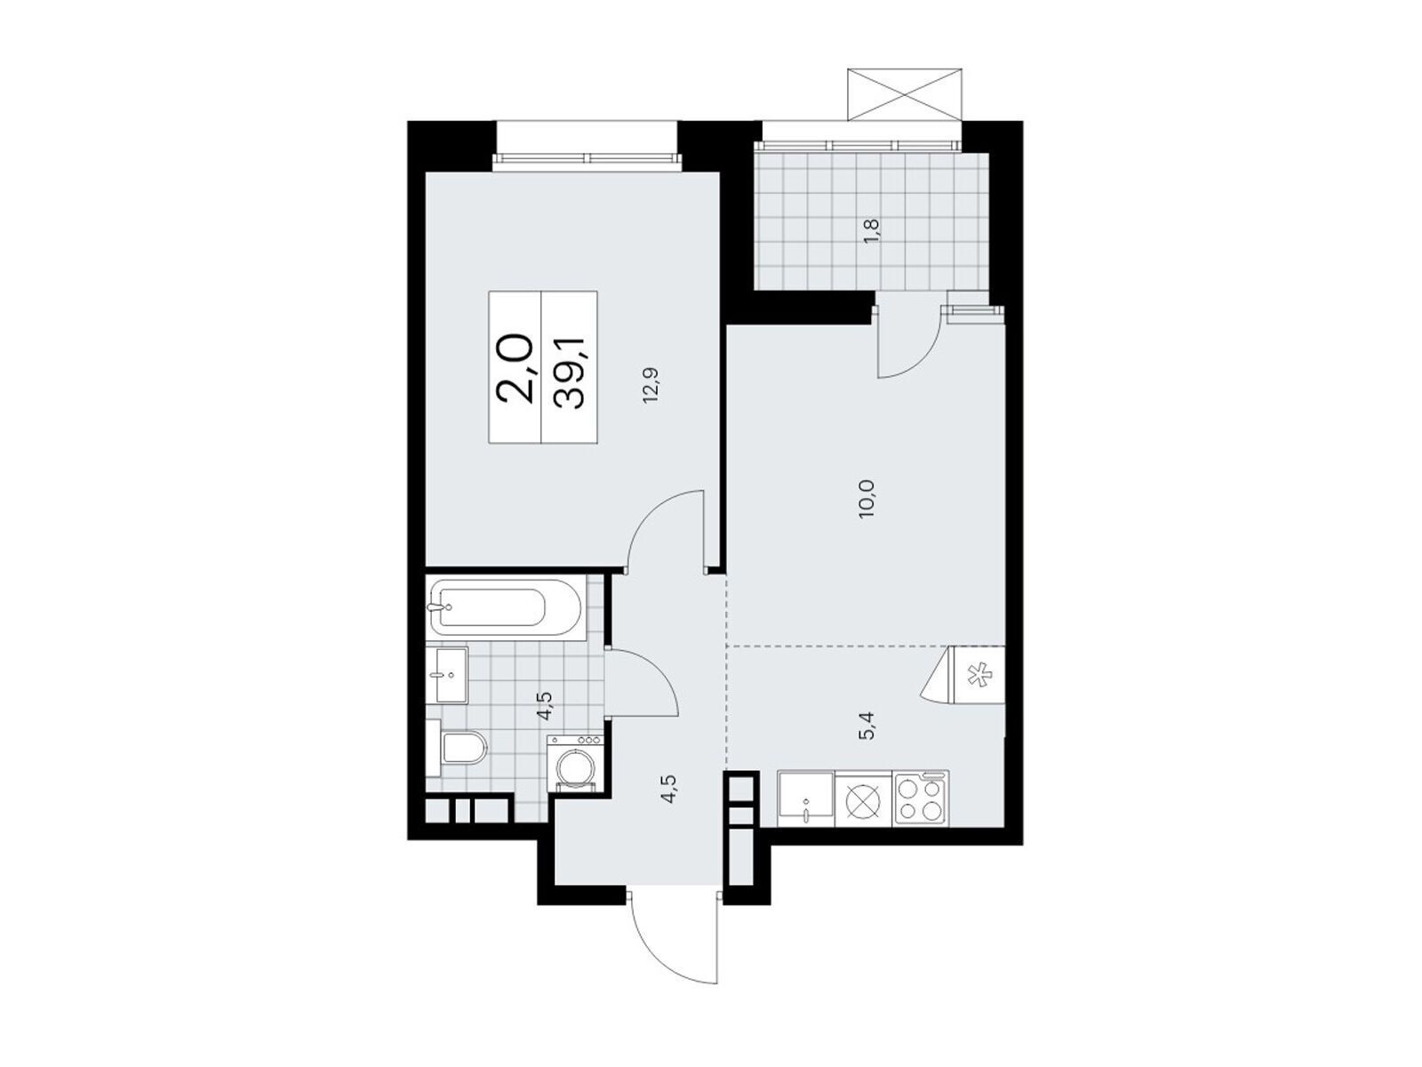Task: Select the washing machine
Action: pos(575,763)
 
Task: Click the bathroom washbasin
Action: pos(451,675)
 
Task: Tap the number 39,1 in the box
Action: pos(570,368)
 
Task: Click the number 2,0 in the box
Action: pos(515,368)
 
